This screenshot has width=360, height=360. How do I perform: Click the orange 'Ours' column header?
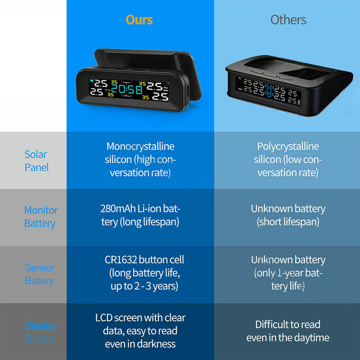[139, 20]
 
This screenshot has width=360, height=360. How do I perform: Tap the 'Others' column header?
[288, 20]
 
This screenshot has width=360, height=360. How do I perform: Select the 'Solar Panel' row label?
[36, 161]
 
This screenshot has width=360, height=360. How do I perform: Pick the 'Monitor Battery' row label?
[41, 217]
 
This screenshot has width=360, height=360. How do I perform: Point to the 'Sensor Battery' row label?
[39, 274]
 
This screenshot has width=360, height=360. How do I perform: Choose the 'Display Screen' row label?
[40, 332]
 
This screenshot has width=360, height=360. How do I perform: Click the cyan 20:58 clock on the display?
[125, 90]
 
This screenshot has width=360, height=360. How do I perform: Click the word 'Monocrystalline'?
[140, 147]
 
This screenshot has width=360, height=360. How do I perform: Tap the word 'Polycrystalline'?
[288, 147]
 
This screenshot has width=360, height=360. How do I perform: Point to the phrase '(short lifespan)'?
[288, 222]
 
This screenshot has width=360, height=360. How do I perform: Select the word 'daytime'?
[311, 338]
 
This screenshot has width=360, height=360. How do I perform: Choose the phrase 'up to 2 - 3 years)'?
[144, 287]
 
